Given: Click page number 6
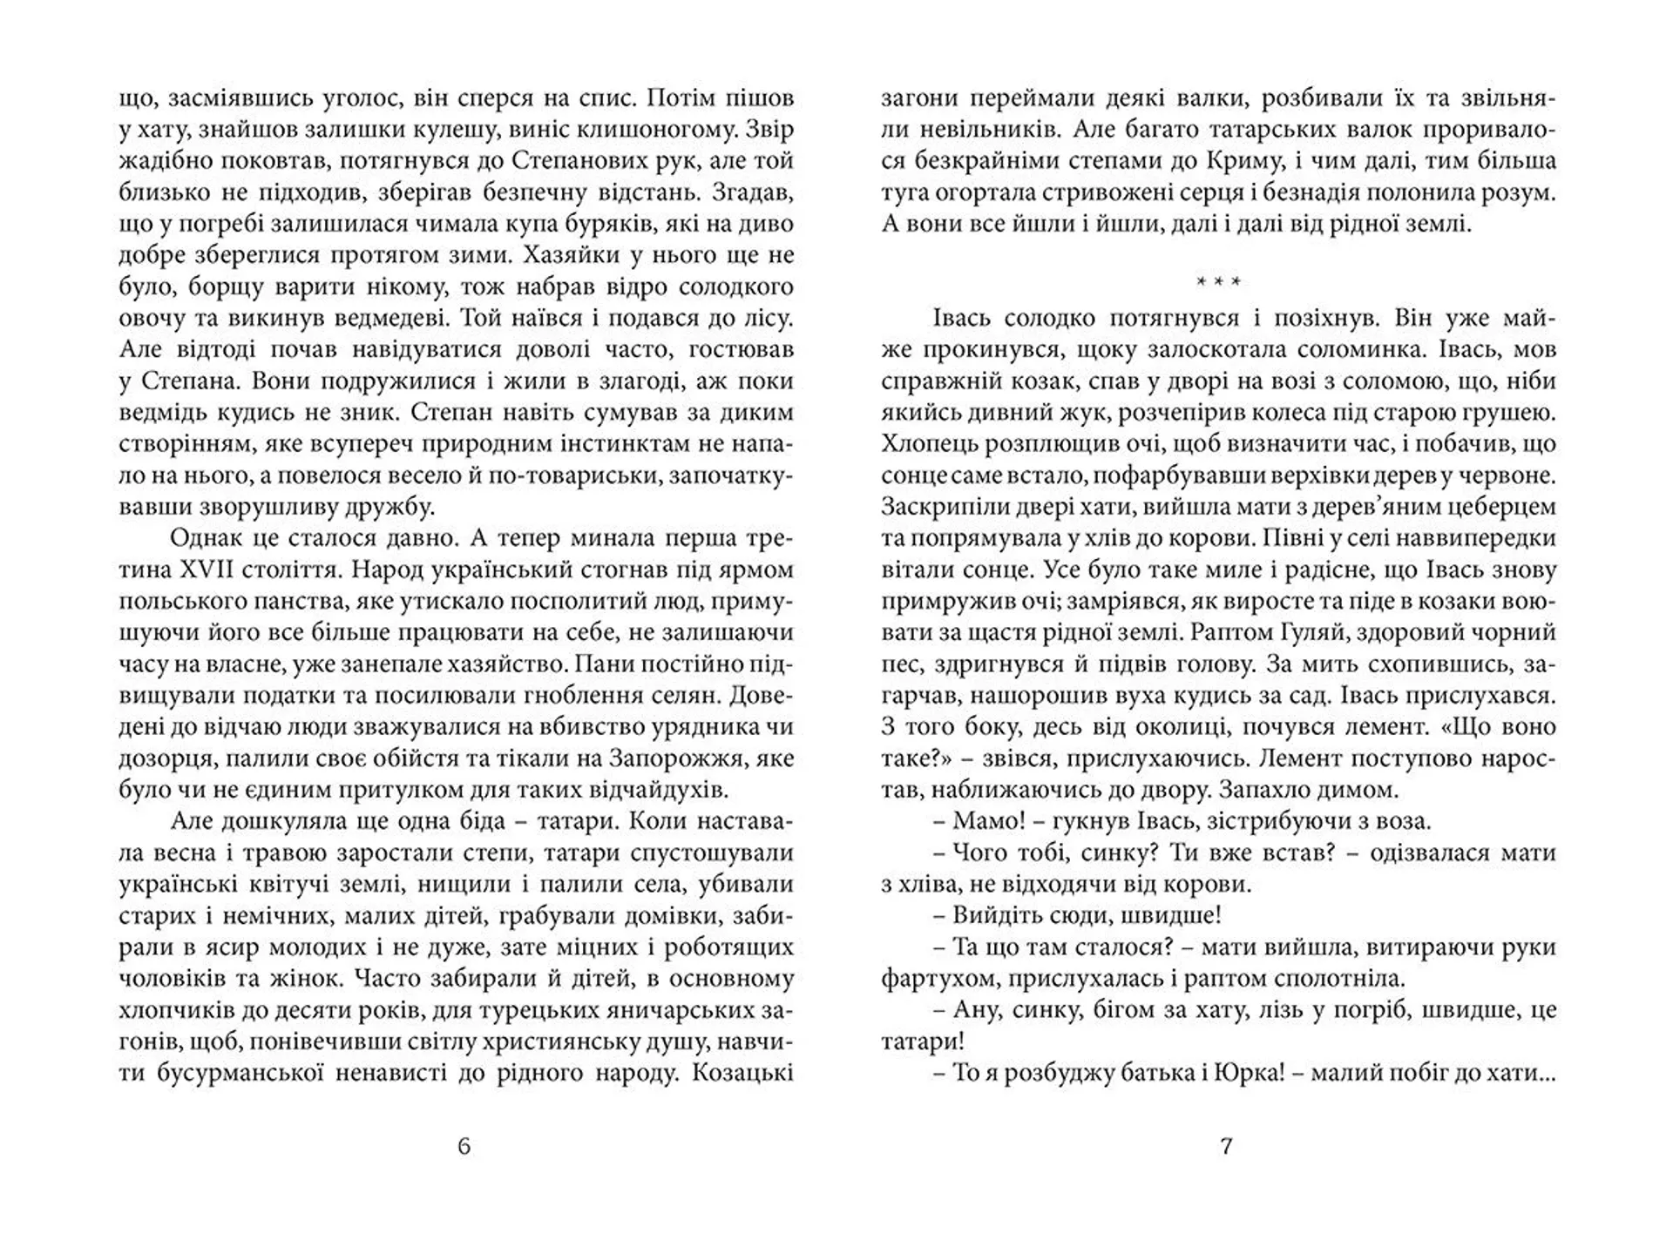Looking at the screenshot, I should click(x=464, y=1146).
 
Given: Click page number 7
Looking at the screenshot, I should click(x=1226, y=1146).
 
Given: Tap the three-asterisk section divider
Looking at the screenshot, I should click(x=1218, y=281).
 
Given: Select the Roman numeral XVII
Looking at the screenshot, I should click(x=220, y=570).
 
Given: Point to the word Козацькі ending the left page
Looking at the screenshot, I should click(x=742, y=1073).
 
